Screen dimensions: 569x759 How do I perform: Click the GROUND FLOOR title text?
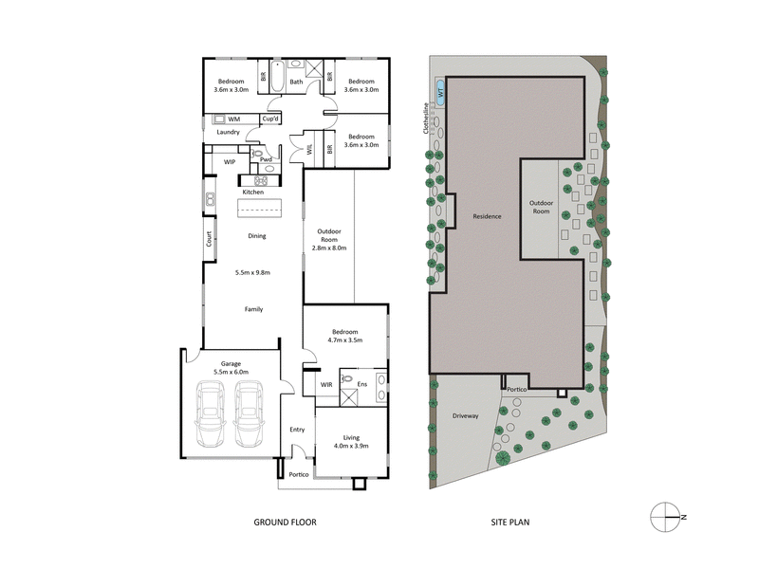point(285,522)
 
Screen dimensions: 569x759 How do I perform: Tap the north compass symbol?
point(667,515)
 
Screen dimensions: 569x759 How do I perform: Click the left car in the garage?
point(210,413)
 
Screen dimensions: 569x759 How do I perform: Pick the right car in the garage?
point(249,413)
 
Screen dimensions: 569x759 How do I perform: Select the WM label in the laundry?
point(233,119)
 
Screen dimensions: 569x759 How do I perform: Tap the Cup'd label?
point(269,119)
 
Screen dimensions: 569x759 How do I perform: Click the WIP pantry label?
point(230,162)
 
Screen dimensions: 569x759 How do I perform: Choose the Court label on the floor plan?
point(210,241)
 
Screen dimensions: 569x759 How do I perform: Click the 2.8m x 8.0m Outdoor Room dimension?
point(329,248)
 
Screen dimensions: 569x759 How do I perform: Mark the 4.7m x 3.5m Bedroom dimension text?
point(344,340)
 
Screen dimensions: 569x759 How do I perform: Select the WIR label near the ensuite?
point(326,385)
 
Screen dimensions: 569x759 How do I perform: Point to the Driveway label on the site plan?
point(465,415)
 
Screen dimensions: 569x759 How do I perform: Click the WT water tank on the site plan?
point(439,92)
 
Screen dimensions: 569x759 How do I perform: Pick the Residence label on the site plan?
point(487,217)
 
